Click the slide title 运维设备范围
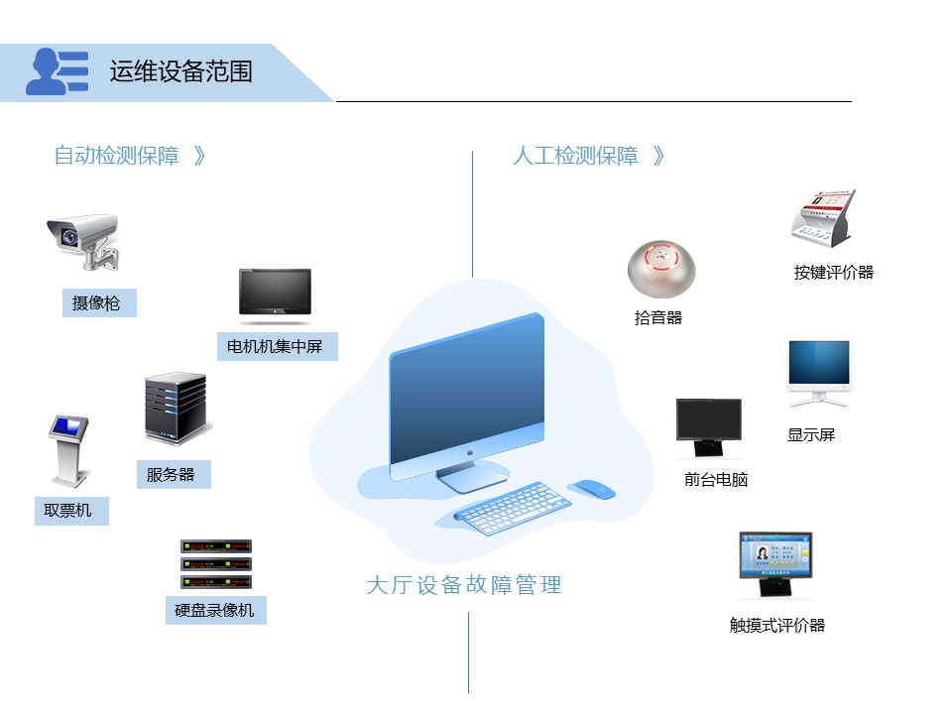pyautogui.click(x=180, y=71)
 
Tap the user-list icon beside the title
pyautogui.click(x=57, y=71)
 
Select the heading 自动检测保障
pyautogui.click(x=117, y=156)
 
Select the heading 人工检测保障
pyautogui.click(x=575, y=156)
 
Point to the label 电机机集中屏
pyautogui.click(x=275, y=347)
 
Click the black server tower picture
pyautogui.click(x=176, y=409)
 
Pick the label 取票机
pyautogui.click(x=68, y=511)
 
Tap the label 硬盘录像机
pyautogui.click(x=214, y=610)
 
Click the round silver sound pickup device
pyautogui.click(x=661, y=268)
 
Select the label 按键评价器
pyautogui.click(x=834, y=273)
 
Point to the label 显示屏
pyautogui.click(x=811, y=434)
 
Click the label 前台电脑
pyautogui.click(x=716, y=480)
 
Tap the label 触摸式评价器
pyautogui.click(x=777, y=625)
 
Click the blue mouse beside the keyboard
pyautogui.click(x=593, y=489)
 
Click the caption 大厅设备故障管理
pyautogui.click(x=464, y=585)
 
